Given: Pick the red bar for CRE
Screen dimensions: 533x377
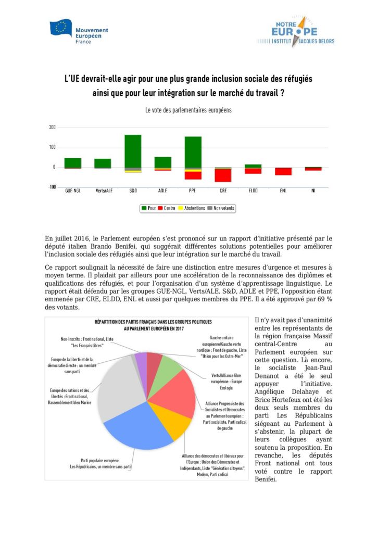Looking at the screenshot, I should click(x=223, y=175).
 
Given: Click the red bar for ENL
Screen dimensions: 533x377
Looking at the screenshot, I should click(x=283, y=171).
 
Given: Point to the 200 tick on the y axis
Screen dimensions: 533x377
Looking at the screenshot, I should click(x=52, y=127).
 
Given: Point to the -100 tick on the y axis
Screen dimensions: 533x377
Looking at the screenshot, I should click(x=51, y=187).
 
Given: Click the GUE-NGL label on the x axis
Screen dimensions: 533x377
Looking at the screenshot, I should click(x=72, y=192).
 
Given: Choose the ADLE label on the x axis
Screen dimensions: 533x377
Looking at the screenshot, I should click(x=162, y=192).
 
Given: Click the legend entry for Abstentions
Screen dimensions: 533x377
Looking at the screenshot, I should click(x=190, y=208).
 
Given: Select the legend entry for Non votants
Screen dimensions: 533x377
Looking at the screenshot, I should click(x=221, y=208).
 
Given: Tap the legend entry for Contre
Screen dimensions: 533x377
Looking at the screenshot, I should click(x=168, y=208).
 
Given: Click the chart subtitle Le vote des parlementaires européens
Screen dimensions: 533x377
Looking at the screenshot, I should click(x=188, y=110).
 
